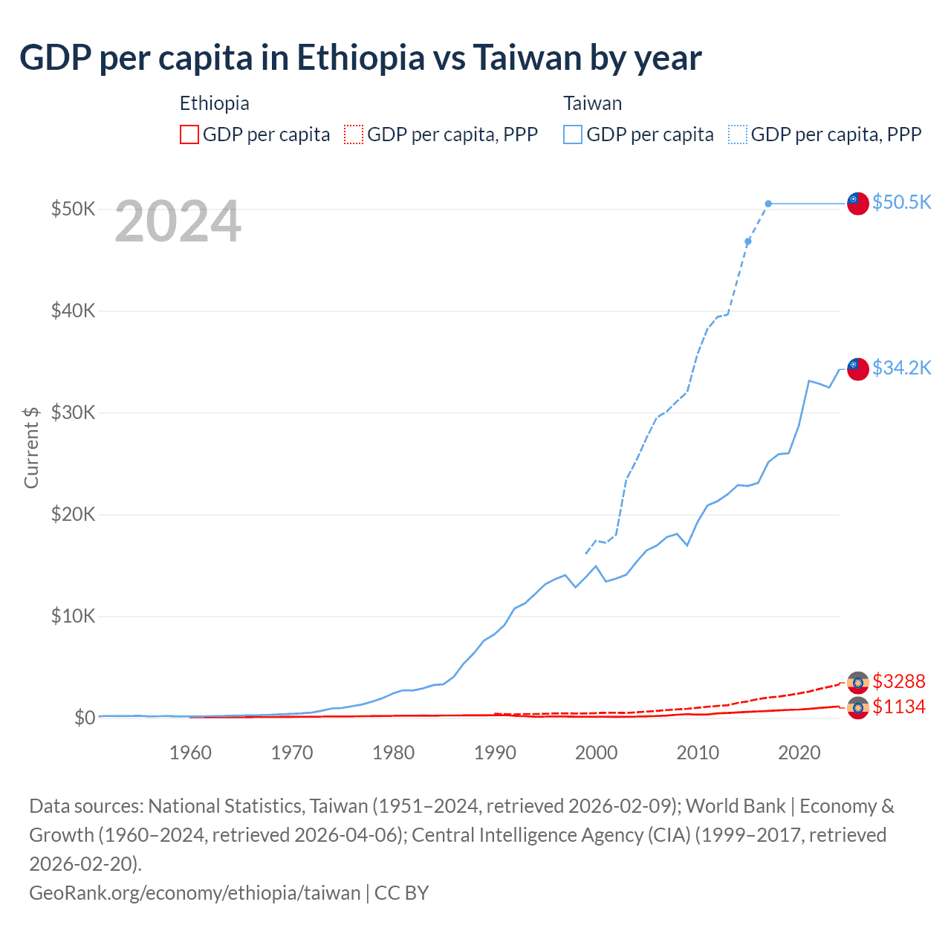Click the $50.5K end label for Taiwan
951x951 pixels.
[x=901, y=202]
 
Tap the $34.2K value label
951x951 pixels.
[x=901, y=368]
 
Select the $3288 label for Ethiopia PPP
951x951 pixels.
[x=899, y=681]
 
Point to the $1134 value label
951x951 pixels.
[x=899, y=707]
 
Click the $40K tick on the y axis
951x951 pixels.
[x=73, y=311]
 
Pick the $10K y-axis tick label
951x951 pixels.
[x=73, y=616]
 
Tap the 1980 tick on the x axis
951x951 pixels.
[x=394, y=753]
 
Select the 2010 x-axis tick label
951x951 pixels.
[x=698, y=753]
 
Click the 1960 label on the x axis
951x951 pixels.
[x=191, y=753]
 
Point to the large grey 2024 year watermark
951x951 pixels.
[x=178, y=221]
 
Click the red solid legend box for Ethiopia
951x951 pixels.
[x=189, y=134]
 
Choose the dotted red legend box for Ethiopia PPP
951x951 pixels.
[x=354, y=134]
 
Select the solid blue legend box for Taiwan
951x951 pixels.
[x=573, y=134]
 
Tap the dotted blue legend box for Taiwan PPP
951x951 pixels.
[x=738, y=134]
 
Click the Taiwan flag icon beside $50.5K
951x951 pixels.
[x=858, y=203]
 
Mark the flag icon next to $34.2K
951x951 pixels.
[x=858, y=369]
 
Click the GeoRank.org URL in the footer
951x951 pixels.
[x=195, y=892]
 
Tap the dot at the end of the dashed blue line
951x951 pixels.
[x=768, y=204]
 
